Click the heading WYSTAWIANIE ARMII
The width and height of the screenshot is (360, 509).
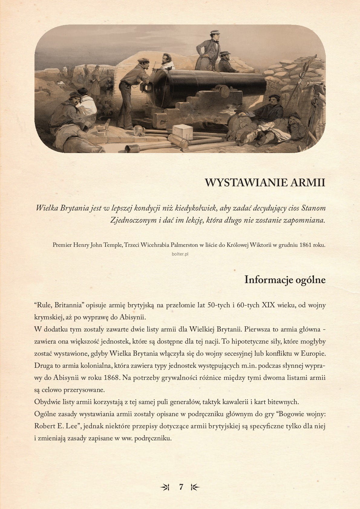[x=265, y=183]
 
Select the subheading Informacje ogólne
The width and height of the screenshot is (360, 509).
[x=285, y=280]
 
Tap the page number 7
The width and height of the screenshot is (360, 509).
[x=181, y=487]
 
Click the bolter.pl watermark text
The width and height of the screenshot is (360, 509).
[x=180, y=254]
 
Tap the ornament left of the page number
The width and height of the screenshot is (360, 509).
[x=165, y=487]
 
